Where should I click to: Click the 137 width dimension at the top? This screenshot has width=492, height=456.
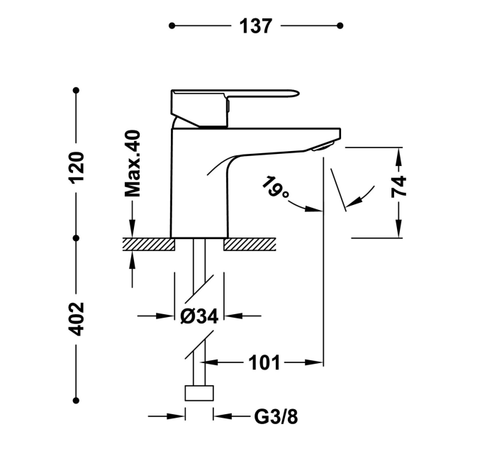click(x=255, y=26)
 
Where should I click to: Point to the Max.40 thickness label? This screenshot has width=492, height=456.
click(x=133, y=163)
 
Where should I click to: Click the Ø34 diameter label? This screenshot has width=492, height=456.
click(x=199, y=317)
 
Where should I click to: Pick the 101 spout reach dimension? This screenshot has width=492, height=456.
click(x=264, y=363)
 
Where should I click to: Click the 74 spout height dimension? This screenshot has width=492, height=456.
click(x=399, y=186)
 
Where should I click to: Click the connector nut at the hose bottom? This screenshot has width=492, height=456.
click(x=199, y=394)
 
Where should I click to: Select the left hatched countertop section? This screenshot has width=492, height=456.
click(x=149, y=245)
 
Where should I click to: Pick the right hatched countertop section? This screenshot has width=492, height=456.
click(x=250, y=245)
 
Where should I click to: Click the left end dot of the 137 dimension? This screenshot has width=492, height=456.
click(x=172, y=26)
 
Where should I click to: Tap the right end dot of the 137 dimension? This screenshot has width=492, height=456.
click(x=340, y=26)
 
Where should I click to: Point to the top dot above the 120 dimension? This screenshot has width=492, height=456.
click(x=77, y=91)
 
